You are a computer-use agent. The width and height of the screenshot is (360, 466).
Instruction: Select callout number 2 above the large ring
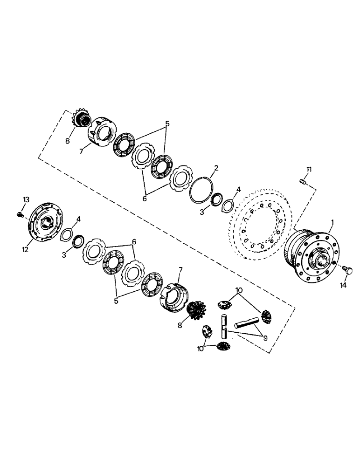coord(216,168)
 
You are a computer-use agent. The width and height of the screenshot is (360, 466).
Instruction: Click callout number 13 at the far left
coord(27,199)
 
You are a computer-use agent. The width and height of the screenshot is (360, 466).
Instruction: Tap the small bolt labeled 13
coord(20,214)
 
